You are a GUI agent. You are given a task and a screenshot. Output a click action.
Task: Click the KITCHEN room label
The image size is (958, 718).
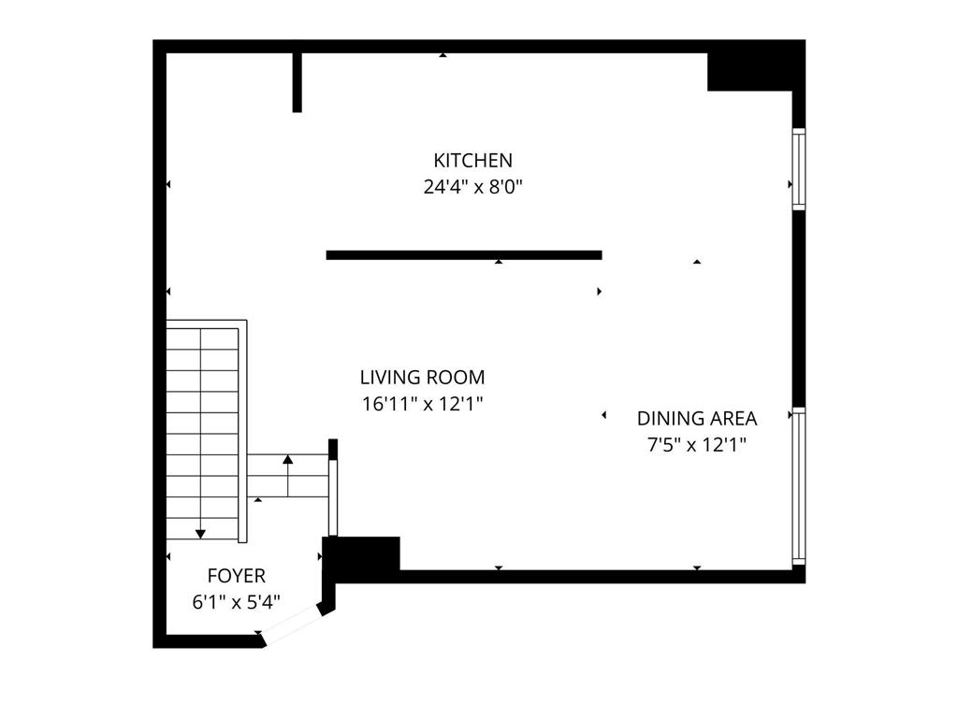click(472, 160)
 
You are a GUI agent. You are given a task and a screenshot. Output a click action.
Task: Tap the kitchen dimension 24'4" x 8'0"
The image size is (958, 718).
click(472, 186)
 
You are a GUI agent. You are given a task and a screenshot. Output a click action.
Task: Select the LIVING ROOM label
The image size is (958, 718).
click(422, 378)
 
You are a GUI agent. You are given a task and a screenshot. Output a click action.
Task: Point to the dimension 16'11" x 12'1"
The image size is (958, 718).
click(422, 404)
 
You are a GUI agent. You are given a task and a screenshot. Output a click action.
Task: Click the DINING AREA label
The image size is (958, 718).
click(697, 419)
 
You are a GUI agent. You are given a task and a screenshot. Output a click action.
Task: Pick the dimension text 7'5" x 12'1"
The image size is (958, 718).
click(697, 445)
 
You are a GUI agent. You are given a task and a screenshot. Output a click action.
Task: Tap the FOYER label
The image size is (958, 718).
click(236, 576)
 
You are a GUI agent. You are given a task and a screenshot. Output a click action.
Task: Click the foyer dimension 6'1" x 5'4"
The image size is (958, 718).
click(236, 602)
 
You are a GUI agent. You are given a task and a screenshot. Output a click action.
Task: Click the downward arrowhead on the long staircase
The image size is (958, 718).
click(200, 533)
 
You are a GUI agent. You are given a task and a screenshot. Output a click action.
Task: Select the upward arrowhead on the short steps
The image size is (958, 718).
click(287, 459)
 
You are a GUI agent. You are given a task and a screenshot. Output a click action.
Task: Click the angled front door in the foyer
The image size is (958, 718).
click(292, 625)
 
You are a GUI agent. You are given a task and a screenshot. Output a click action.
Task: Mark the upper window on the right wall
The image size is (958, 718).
click(798, 168)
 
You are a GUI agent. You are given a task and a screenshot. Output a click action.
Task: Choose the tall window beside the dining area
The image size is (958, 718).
click(798, 486)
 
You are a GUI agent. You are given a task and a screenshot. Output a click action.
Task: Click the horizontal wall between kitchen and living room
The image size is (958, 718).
click(463, 254)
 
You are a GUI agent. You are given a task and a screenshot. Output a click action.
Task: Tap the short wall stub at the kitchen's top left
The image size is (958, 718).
click(298, 82)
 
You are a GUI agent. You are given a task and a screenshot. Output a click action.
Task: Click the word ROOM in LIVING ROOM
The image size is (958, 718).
click(457, 378)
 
